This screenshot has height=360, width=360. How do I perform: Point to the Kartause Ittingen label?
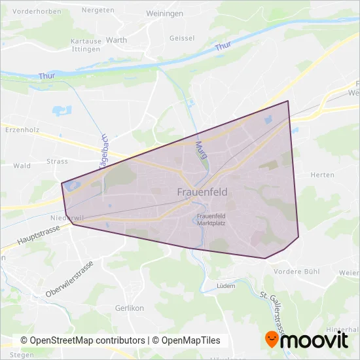86,44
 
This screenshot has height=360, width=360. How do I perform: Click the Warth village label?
117,40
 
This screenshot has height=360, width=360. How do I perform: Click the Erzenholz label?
22,130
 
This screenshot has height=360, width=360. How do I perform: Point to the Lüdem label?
225,286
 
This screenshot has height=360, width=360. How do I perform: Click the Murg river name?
201,153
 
